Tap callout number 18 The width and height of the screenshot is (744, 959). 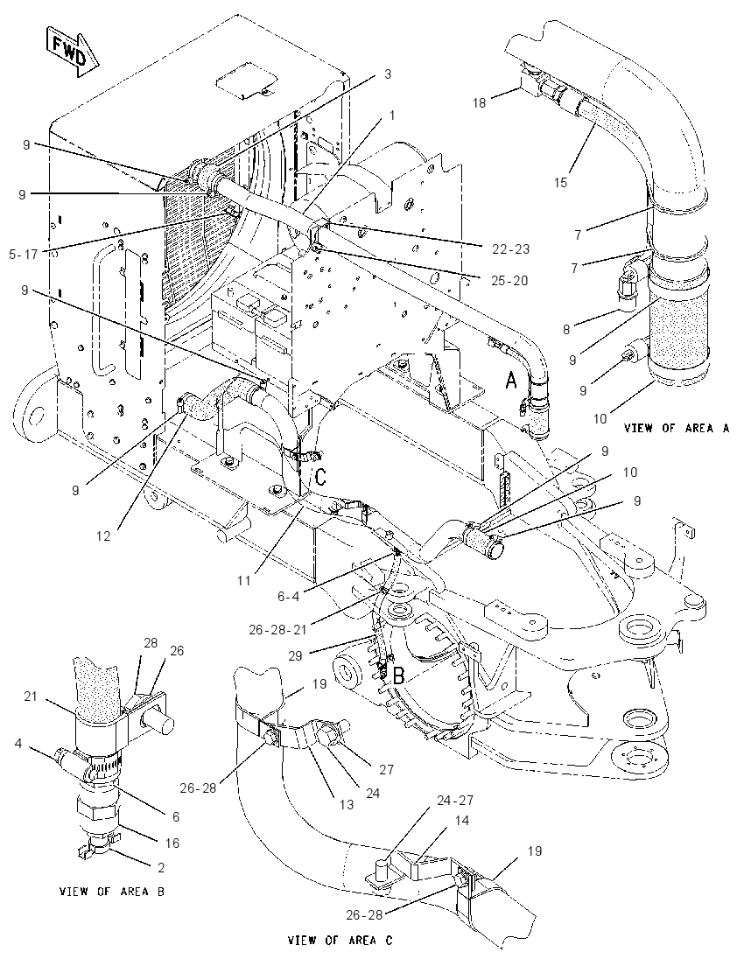point(479,102)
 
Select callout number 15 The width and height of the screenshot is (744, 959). point(561,182)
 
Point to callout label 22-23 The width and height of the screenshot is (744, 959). point(510,249)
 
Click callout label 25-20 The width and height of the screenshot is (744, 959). point(510,281)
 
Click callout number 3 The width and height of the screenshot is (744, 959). point(387,74)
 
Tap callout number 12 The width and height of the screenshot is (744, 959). point(103,535)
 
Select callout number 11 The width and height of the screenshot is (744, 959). point(244,580)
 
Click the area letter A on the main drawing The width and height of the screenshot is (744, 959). point(511,381)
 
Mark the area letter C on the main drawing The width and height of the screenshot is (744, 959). point(319,476)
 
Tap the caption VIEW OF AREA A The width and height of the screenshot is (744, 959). point(677,428)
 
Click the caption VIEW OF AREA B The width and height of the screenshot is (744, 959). point(112,891)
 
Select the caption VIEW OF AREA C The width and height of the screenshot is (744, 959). point(340,940)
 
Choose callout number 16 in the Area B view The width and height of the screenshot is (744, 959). point(172,843)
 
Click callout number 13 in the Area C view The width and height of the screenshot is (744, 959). point(347,805)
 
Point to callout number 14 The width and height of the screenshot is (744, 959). point(462,820)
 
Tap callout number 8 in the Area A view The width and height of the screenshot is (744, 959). point(566,330)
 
